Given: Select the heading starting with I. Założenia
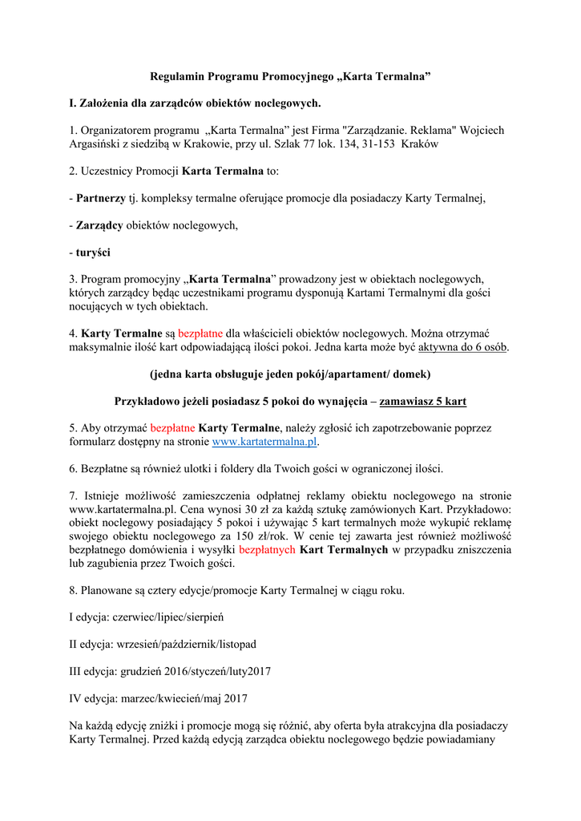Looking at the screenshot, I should [x=195, y=103].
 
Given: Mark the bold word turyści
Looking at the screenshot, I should [x=94, y=253].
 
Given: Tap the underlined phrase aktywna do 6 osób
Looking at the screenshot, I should [x=462, y=347].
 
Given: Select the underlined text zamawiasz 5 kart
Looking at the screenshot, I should [x=423, y=401].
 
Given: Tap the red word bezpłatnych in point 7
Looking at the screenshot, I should [x=268, y=549].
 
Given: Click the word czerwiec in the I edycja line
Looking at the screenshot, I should [x=135, y=617].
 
